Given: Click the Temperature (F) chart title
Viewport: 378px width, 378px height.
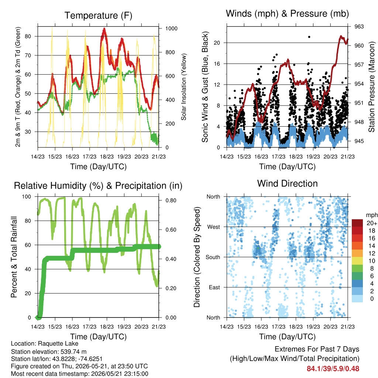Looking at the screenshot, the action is (x=98, y=16).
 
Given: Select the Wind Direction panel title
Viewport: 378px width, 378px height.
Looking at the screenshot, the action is (x=287, y=183).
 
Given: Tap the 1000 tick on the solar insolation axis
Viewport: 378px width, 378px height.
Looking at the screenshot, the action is (x=171, y=28).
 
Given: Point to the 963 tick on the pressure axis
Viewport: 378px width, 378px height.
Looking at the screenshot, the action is (x=359, y=27).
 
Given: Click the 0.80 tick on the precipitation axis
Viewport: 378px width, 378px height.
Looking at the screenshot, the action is (x=171, y=200).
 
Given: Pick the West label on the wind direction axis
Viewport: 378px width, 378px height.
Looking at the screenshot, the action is (x=214, y=227).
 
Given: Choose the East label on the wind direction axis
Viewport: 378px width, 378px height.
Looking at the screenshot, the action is (x=214, y=287).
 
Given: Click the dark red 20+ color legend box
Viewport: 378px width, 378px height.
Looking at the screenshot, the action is (x=357, y=223).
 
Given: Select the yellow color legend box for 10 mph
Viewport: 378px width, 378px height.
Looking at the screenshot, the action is (x=357, y=261).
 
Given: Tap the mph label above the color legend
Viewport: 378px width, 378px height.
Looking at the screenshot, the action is (x=371, y=215).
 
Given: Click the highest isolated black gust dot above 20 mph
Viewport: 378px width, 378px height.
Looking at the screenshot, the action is (x=309, y=37).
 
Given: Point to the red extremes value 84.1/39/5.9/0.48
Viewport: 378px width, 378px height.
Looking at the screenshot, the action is (x=333, y=369).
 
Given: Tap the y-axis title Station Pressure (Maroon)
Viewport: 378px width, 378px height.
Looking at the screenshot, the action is (x=371, y=87).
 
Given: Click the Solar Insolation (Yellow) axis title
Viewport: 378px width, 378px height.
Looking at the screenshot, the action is (x=184, y=87).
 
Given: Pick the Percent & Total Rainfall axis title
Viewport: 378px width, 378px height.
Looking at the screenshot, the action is (x=14, y=257).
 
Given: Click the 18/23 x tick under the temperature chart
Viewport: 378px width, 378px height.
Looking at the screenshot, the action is (x=107, y=157).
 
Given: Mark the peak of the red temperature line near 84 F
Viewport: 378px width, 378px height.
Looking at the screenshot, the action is (x=104, y=29).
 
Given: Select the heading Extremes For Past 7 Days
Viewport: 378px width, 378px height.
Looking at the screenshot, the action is (x=317, y=349).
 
